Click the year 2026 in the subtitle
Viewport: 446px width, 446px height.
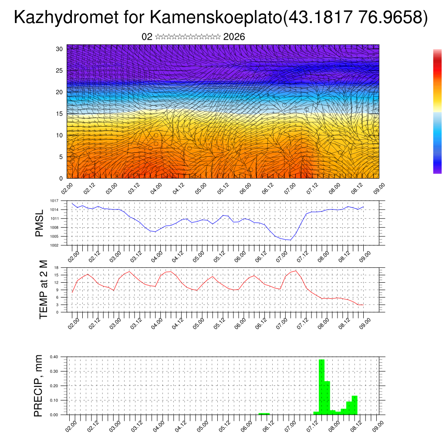(x=234, y=37)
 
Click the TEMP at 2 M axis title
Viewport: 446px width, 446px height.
(x=43, y=289)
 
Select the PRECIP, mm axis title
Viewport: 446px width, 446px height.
(x=39, y=385)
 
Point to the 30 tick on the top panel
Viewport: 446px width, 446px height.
(x=60, y=49)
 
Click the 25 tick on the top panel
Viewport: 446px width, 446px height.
(x=60, y=71)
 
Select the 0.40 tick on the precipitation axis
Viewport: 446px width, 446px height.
(x=54, y=357)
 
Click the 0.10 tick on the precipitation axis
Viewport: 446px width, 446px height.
(x=54, y=400)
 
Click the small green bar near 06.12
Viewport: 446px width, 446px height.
(x=264, y=413)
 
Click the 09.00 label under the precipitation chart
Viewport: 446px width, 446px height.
(x=378, y=425)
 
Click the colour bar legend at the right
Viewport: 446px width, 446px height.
(x=437, y=111)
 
